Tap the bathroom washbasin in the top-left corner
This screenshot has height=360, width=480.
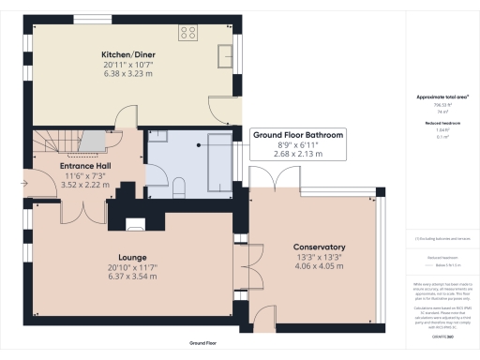(x=157, y=137)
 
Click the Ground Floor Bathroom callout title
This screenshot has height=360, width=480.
(x=297, y=136)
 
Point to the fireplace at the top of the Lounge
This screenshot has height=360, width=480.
(x=137, y=222)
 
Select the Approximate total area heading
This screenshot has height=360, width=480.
(x=439, y=97)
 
